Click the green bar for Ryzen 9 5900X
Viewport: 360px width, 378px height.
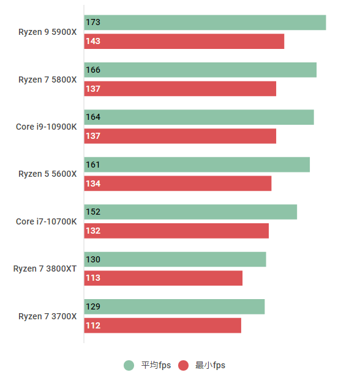coord(204,23)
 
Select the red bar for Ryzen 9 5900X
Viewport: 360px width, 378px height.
coord(184,42)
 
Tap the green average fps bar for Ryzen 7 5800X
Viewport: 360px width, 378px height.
coord(200,70)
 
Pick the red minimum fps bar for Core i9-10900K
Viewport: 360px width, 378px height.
coord(180,136)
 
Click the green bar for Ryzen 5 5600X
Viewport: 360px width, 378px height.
coord(197,165)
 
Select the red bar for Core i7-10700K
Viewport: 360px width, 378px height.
coord(176,231)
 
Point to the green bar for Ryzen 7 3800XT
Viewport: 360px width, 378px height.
coord(175,259)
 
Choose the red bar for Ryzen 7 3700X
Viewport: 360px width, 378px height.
coord(162,325)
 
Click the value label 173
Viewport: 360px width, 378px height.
coord(93,23)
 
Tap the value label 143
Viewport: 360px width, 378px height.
coord(93,42)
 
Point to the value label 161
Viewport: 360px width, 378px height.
coord(93,165)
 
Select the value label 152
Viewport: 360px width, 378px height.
coord(93,212)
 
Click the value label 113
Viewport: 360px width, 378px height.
coord(93,278)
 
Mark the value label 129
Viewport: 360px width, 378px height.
coord(93,306)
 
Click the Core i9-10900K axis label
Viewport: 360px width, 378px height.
coord(47,127)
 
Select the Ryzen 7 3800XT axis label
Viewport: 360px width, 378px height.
coord(45,269)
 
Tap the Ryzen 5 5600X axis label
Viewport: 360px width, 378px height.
coord(48,174)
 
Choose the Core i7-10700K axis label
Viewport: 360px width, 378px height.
coord(47,221)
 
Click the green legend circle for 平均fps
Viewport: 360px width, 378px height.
coord(129,365)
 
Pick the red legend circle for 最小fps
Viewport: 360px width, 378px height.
coord(183,365)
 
